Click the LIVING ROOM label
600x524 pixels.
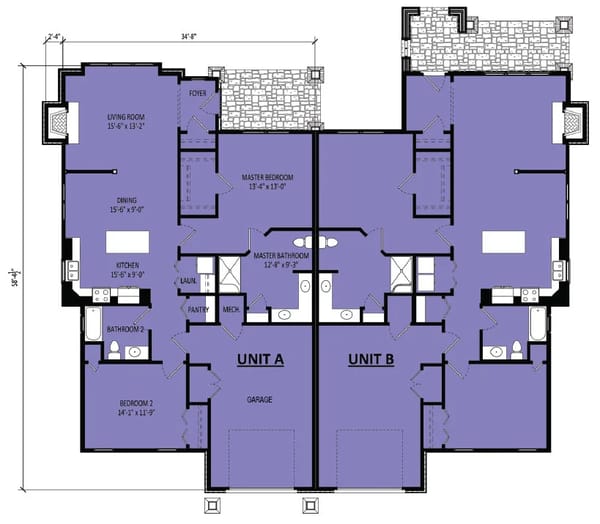(x=127, y=118)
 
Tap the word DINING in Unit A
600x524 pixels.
(x=127, y=201)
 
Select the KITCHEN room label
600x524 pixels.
(x=127, y=266)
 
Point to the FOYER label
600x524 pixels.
(x=197, y=93)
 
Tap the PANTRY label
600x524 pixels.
(x=198, y=310)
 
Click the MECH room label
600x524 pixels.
(x=231, y=310)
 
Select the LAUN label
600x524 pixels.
(x=187, y=282)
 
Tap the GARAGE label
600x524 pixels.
(x=260, y=399)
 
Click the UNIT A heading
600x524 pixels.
(x=260, y=358)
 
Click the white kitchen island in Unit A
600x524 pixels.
(x=127, y=243)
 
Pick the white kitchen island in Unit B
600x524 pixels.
(x=504, y=243)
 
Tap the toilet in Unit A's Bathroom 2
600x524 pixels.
(x=114, y=349)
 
